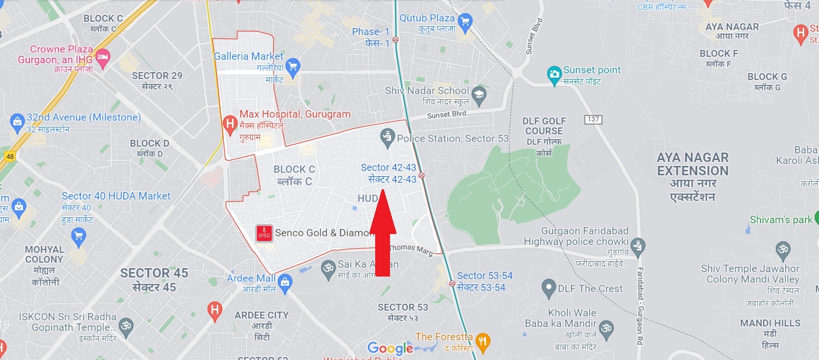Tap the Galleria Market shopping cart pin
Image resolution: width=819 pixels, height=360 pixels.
[293, 67]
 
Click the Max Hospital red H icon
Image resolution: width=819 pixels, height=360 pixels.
[230, 124]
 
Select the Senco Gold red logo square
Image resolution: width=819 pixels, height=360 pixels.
[264, 233]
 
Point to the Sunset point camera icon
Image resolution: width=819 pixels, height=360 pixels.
[554, 75]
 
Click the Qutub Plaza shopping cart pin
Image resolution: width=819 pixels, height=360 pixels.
[465, 22]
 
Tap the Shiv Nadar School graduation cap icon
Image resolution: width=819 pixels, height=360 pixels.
[478, 95]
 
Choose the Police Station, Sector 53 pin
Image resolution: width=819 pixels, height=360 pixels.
[388, 138]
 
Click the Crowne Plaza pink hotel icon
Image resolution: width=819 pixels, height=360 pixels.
[102, 57]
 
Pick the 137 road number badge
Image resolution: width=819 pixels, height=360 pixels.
[593, 119]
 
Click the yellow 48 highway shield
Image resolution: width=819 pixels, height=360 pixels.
[10, 157]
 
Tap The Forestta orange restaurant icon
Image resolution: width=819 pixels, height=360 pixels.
[483, 341]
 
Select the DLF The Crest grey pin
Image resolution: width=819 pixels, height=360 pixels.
[548, 288]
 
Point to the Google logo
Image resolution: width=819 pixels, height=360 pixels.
[390, 348]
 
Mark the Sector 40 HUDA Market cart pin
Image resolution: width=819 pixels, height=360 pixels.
[78, 238]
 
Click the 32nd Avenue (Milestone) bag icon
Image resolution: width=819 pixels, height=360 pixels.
[17, 122]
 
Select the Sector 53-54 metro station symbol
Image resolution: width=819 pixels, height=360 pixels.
[452, 283]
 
